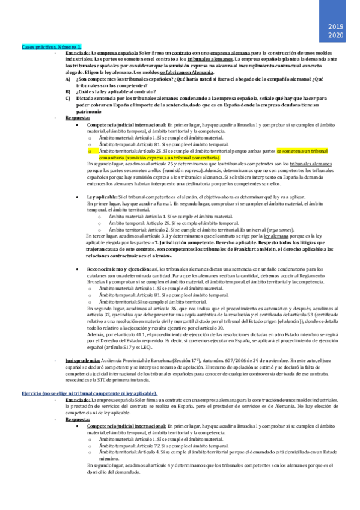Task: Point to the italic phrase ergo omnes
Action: click(x=265, y=229)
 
